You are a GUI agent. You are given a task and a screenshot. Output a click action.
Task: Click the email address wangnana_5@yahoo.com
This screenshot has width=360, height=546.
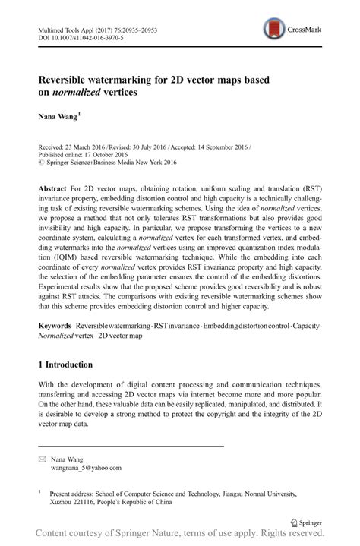(x=86, y=469)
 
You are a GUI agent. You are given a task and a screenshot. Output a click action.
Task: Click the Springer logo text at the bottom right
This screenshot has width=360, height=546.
(x=309, y=522)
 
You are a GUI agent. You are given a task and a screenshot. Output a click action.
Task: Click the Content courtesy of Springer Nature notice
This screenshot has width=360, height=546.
(x=180, y=536)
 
